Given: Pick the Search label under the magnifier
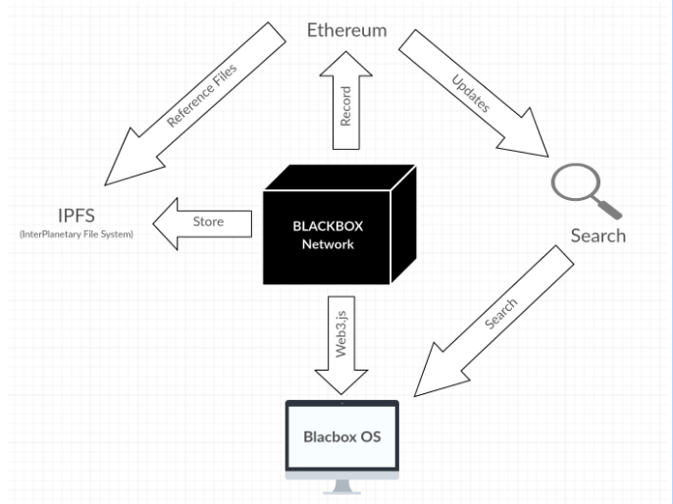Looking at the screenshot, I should click(x=597, y=236).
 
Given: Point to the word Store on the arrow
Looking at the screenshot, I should click(x=208, y=222).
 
